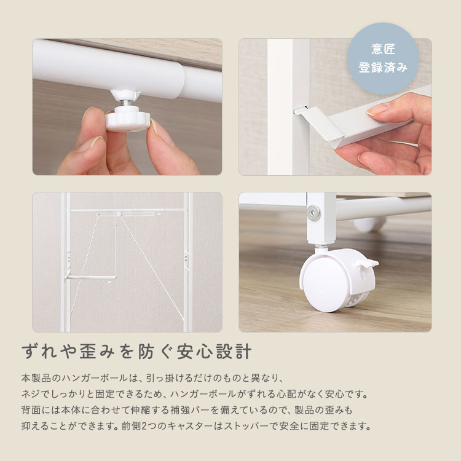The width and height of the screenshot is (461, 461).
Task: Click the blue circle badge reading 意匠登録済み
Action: click(x=383, y=59)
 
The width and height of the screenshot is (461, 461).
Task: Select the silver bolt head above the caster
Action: click(x=315, y=213)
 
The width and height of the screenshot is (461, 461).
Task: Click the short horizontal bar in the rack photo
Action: click(x=92, y=278)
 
